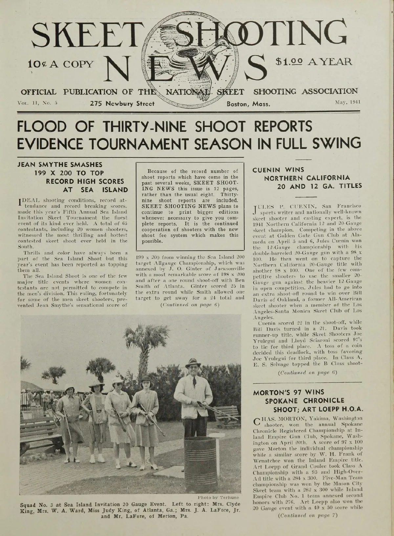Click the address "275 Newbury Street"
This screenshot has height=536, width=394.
(122, 104)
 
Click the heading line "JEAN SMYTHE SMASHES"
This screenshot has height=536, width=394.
(60, 164)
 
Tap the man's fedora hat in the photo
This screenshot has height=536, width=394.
(193, 362)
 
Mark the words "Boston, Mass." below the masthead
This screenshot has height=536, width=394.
(249, 104)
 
